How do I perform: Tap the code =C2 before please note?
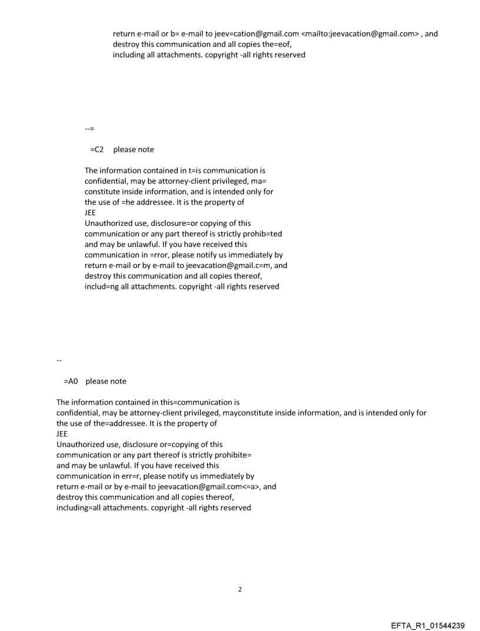[96, 149]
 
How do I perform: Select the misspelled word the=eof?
[276, 44]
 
